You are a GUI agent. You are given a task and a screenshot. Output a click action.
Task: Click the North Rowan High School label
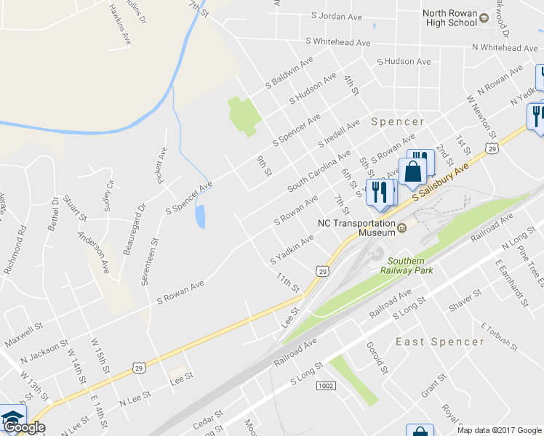tap(450, 17)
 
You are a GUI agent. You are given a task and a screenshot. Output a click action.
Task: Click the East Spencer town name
tap(439, 342)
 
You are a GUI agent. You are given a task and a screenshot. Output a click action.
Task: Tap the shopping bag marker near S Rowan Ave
tap(412, 172)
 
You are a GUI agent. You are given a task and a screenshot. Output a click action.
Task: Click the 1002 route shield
tap(326, 386)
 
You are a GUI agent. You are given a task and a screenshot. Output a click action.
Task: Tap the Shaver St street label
tap(465, 302)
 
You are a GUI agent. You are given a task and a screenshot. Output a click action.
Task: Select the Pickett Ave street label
tap(161, 166)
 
